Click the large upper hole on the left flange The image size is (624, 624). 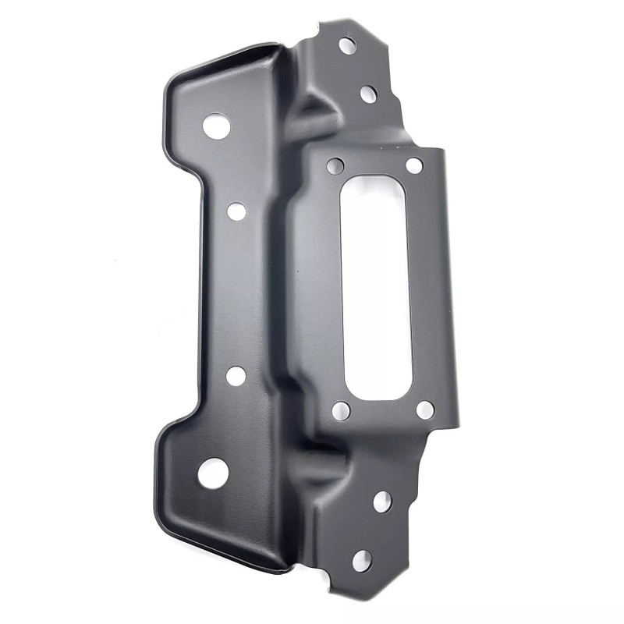214,124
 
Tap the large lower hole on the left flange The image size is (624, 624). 211,473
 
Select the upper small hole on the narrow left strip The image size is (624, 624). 236,211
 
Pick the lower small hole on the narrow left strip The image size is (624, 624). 235,376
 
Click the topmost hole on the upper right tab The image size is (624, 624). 347,44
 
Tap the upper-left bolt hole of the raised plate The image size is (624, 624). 335,166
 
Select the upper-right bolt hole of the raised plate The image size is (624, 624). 414,165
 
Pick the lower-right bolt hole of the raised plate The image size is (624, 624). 424,409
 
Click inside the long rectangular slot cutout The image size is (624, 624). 375,285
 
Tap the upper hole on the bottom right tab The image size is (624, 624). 382,502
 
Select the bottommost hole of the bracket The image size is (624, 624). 362,559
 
